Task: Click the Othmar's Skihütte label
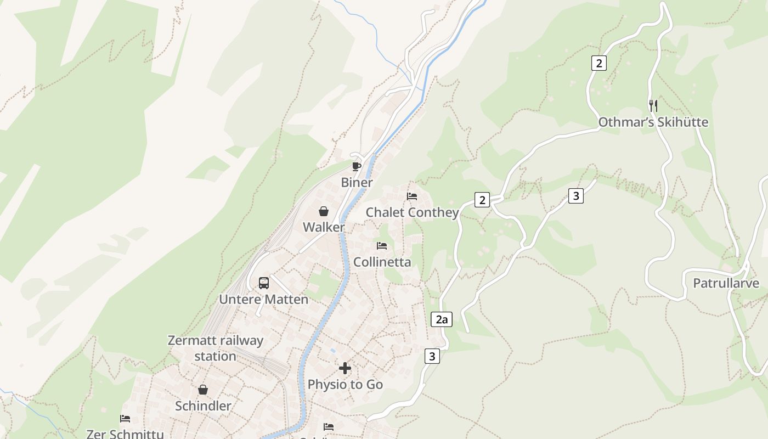(653, 122)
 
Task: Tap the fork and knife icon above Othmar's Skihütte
(653, 105)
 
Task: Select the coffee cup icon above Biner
(357, 166)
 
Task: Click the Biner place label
(357, 183)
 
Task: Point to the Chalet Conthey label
(412, 212)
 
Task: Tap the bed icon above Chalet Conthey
(412, 196)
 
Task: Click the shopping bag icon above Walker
(324, 211)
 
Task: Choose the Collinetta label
(382, 262)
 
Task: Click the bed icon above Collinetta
(382, 245)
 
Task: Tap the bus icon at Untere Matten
(264, 283)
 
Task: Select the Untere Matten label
(264, 300)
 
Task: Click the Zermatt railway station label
(216, 348)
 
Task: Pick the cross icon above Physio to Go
(345, 368)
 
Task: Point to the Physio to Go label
(345, 385)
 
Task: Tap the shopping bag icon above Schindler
(203, 390)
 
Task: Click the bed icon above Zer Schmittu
(125, 419)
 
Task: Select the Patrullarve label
(726, 283)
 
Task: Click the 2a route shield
(442, 319)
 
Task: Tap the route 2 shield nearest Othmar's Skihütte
(598, 63)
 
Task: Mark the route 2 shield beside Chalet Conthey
(482, 200)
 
